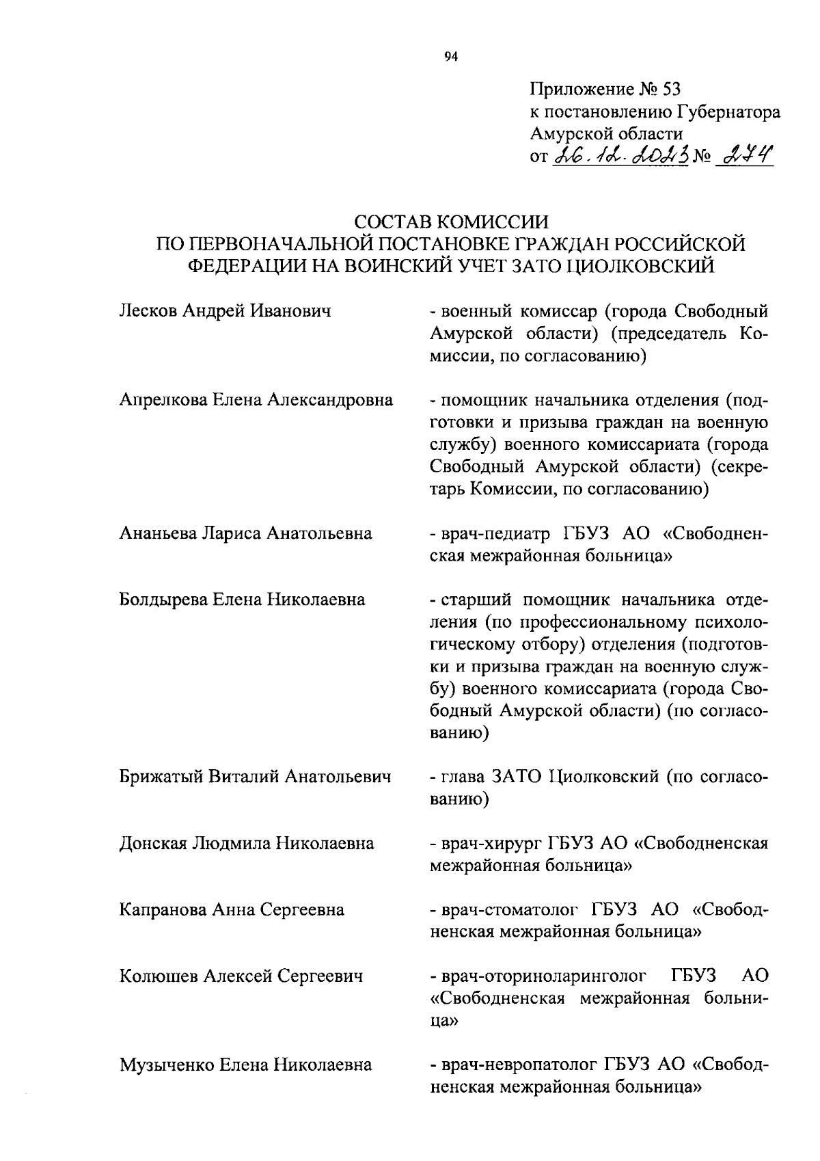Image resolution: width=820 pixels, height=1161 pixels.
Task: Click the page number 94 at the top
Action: [450, 57]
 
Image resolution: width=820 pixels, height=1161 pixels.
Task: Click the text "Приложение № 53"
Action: [605, 89]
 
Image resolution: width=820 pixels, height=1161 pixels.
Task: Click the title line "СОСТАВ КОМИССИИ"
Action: [452, 222]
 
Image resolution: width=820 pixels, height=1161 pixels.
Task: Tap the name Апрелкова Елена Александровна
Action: [256, 400]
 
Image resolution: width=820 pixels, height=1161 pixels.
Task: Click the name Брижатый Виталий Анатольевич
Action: [256, 777]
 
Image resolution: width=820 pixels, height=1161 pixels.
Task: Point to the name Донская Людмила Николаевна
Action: [247, 843]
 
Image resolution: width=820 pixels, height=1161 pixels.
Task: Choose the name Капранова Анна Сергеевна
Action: [232, 910]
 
